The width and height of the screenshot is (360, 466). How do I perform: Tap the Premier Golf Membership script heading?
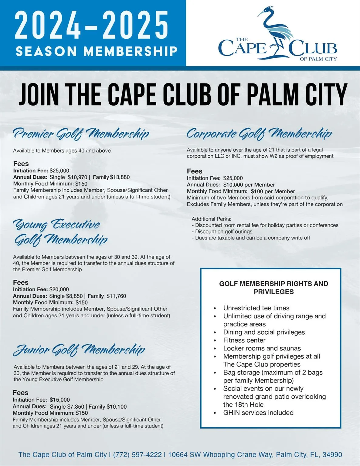click(81, 133)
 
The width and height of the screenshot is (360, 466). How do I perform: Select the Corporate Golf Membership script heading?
click(259, 133)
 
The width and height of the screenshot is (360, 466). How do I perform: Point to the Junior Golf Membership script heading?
click(79, 350)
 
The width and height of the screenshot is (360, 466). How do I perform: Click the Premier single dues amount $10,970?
click(77, 177)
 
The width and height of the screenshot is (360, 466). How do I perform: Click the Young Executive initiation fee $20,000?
click(59, 289)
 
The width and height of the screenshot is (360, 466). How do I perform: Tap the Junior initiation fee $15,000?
click(60, 400)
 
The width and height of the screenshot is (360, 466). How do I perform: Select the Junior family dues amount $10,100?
click(117, 407)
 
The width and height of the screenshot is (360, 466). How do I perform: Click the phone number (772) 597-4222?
click(137, 455)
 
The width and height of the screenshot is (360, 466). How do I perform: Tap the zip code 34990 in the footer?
click(332, 455)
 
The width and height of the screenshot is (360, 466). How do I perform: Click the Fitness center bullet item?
click(244, 340)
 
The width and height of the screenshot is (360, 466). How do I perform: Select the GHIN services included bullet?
click(258, 413)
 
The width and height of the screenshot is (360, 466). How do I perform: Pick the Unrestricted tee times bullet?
click(256, 308)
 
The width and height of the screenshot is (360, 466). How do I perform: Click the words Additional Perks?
click(211, 219)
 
